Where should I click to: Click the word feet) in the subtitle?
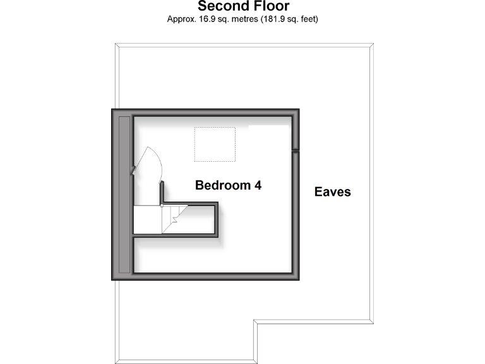tap(307, 20)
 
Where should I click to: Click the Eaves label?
tap(332, 191)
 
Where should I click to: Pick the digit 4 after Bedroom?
tap(258, 186)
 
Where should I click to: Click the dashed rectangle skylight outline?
tap(215, 143)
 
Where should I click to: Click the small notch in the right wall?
tap(295, 150)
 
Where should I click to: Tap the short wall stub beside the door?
tap(162, 192)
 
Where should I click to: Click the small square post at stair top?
tap(162, 205)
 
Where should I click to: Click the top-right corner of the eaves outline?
tap(372, 44)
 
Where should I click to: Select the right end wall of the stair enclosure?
tap(217, 219)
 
